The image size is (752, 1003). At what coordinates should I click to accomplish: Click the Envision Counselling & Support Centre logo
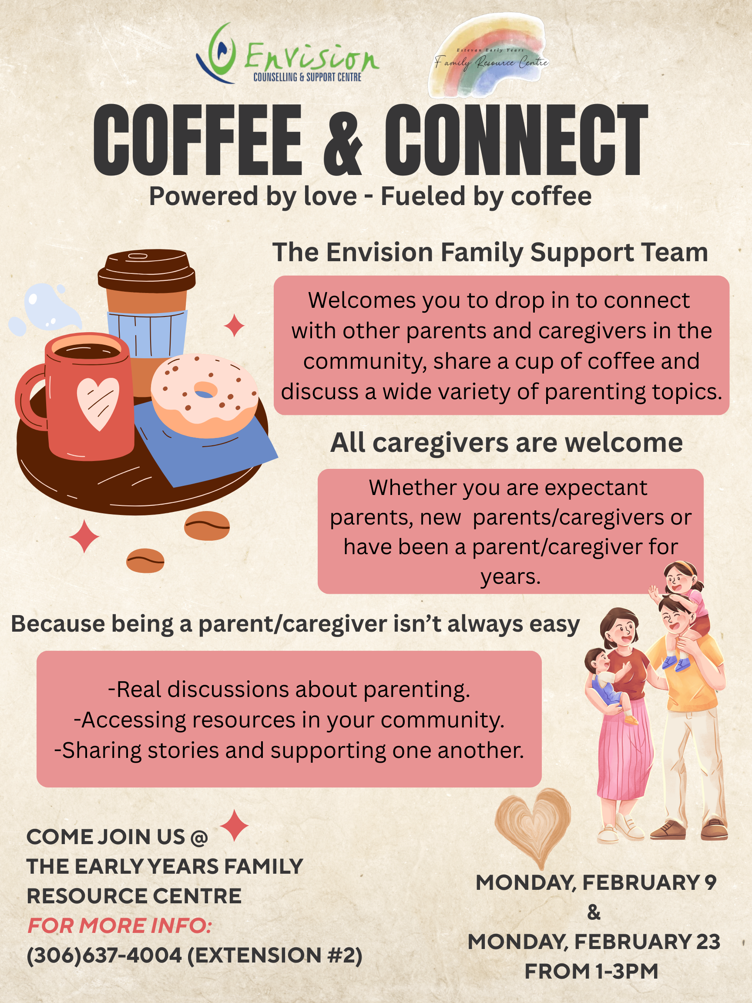coord(287,54)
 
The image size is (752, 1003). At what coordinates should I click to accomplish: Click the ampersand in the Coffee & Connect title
coord(343,140)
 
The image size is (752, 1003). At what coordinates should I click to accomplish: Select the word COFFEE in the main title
coord(198,140)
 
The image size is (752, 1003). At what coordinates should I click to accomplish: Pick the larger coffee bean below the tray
coord(207,526)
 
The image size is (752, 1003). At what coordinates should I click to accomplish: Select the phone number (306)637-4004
coord(104,956)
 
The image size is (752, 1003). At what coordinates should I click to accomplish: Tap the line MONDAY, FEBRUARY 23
coord(594,942)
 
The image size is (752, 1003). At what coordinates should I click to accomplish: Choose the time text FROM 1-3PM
coord(591,971)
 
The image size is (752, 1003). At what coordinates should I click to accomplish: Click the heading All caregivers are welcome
coord(506,443)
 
